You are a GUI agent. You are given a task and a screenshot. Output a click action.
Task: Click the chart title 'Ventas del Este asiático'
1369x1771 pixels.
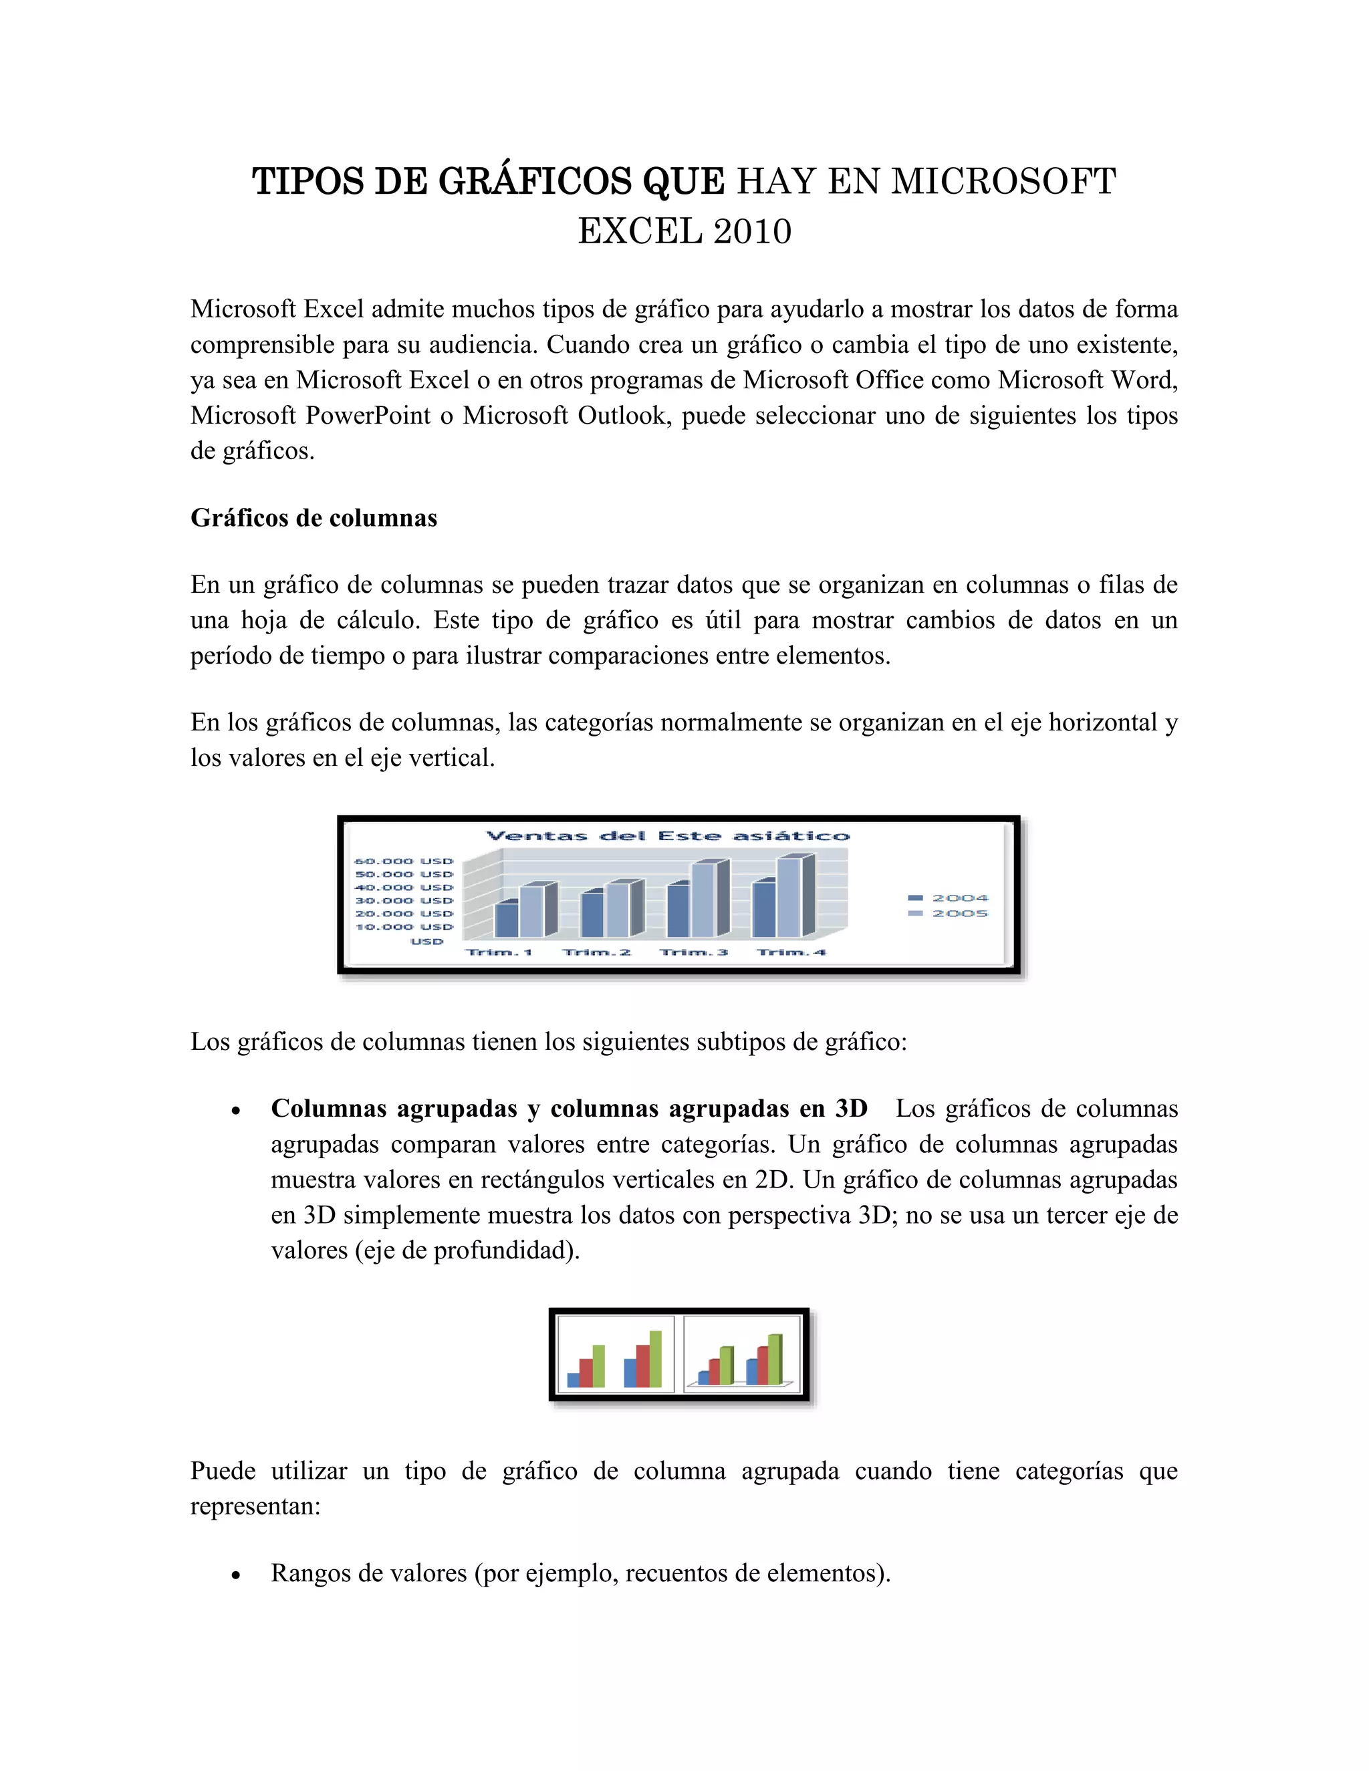pos(668,836)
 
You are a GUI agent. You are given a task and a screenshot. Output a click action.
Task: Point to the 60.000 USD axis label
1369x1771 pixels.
pos(404,861)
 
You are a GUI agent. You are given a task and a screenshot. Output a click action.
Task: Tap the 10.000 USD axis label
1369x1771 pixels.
pos(404,927)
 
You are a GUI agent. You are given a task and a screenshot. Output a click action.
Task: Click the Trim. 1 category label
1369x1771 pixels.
pos(499,952)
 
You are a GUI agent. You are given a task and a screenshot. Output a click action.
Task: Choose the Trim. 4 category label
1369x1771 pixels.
pos(791,952)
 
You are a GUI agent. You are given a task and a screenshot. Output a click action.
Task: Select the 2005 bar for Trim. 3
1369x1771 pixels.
pos(703,900)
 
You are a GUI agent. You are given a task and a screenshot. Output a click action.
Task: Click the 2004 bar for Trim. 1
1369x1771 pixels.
pos(507,920)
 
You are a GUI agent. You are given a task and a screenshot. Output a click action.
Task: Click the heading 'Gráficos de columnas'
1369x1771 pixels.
pos(314,518)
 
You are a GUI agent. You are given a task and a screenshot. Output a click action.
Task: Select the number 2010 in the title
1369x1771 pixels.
pos(753,232)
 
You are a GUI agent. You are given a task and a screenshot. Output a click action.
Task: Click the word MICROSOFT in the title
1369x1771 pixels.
pos(1004,182)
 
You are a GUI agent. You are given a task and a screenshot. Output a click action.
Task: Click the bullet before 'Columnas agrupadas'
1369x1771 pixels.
pos(236,1111)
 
